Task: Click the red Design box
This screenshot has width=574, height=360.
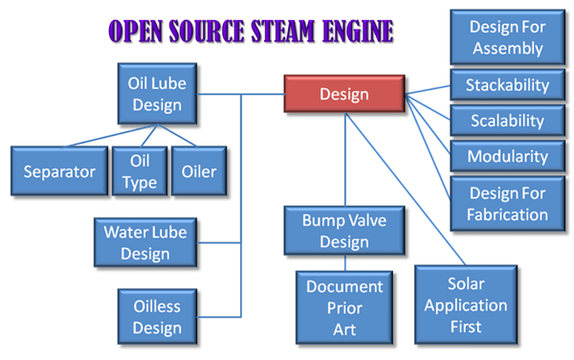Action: pyautogui.click(x=343, y=95)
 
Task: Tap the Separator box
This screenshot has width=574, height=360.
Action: pyautogui.click(x=59, y=172)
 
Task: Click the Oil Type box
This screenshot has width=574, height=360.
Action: pyautogui.click(x=140, y=172)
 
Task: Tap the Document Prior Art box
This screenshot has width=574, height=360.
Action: pyautogui.click(x=343, y=307)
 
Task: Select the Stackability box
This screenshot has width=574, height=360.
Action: pyautogui.click(x=507, y=85)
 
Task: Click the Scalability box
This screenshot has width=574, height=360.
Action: pyautogui.click(x=507, y=122)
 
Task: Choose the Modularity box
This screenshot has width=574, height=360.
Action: pyautogui.click(x=507, y=157)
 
